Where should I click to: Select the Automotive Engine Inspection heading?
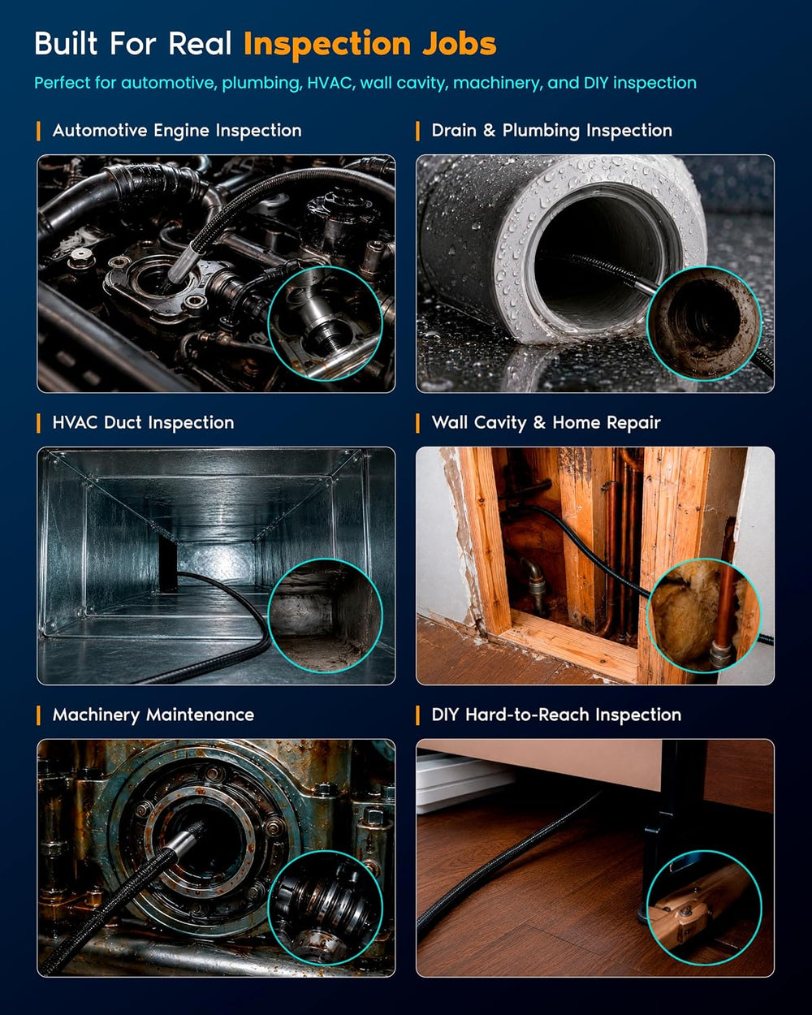coord(177,131)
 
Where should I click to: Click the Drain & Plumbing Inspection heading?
coord(551,131)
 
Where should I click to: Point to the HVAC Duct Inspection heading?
coord(143,422)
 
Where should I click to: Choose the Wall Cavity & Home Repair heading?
coord(546,422)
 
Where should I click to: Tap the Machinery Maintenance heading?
coord(153,715)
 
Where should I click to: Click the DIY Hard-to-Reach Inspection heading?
coord(556,715)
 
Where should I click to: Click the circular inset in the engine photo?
coord(325,323)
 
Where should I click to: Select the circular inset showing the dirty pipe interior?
coord(704,323)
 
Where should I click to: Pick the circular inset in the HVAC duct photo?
coord(325,615)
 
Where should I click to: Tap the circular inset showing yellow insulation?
coord(704,615)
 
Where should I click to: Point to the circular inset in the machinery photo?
coord(325,908)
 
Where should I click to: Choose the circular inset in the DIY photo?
coord(704,908)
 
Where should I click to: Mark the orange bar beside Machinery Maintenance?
coord(38,715)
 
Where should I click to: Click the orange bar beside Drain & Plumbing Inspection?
coord(417,131)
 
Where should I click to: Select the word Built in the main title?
coord(66,44)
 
